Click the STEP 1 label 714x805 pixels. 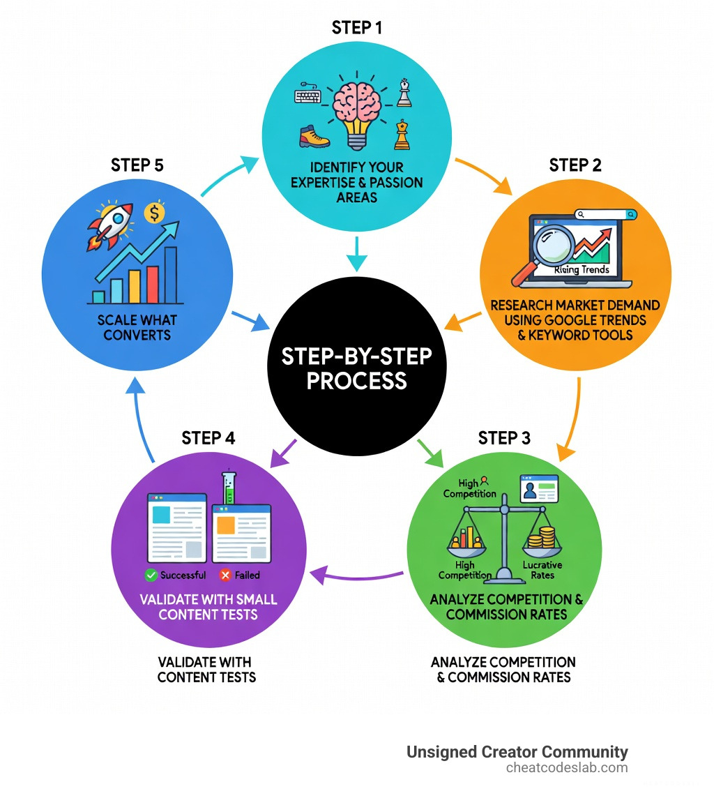(x=357, y=28)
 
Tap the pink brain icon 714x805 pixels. (x=357, y=105)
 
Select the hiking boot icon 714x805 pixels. (x=314, y=136)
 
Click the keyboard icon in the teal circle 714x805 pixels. (x=307, y=96)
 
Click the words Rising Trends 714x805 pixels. (x=583, y=269)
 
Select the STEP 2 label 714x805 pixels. (x=575, y=165)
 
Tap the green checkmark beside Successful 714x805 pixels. (x=150, y=575)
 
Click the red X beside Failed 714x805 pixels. (x=225, y=575)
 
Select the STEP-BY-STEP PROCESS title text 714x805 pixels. (x=356, y=368)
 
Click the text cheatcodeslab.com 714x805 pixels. (x=567, y=768)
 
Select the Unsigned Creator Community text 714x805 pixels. (x=517, y=752)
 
